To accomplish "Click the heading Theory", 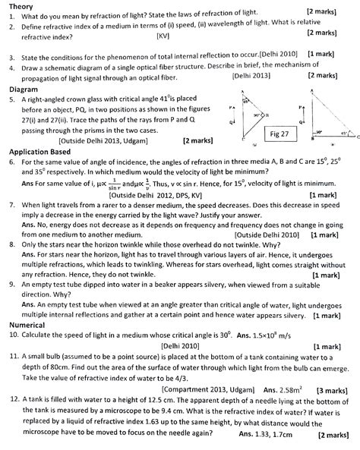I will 17,5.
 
